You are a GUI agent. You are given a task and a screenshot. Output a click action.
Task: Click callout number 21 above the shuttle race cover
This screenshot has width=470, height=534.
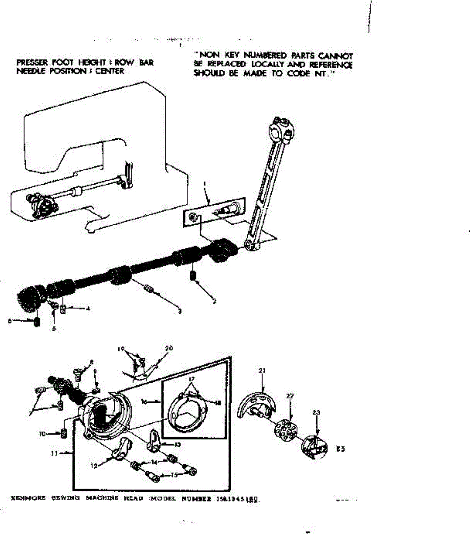point(261,370)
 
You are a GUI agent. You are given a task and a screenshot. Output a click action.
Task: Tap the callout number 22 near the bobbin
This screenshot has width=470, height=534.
point(290,396)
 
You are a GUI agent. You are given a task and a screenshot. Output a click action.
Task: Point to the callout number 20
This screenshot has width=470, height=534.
point(169,348)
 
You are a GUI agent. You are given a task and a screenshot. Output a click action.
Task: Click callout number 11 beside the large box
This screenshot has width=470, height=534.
point(54,453)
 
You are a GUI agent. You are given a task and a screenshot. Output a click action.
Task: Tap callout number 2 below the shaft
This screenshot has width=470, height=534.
point(214,301)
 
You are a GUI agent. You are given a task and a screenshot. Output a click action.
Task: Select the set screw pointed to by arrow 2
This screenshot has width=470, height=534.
point(193,276)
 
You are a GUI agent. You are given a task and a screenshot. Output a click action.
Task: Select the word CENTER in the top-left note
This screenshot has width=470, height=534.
point(109,71)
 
